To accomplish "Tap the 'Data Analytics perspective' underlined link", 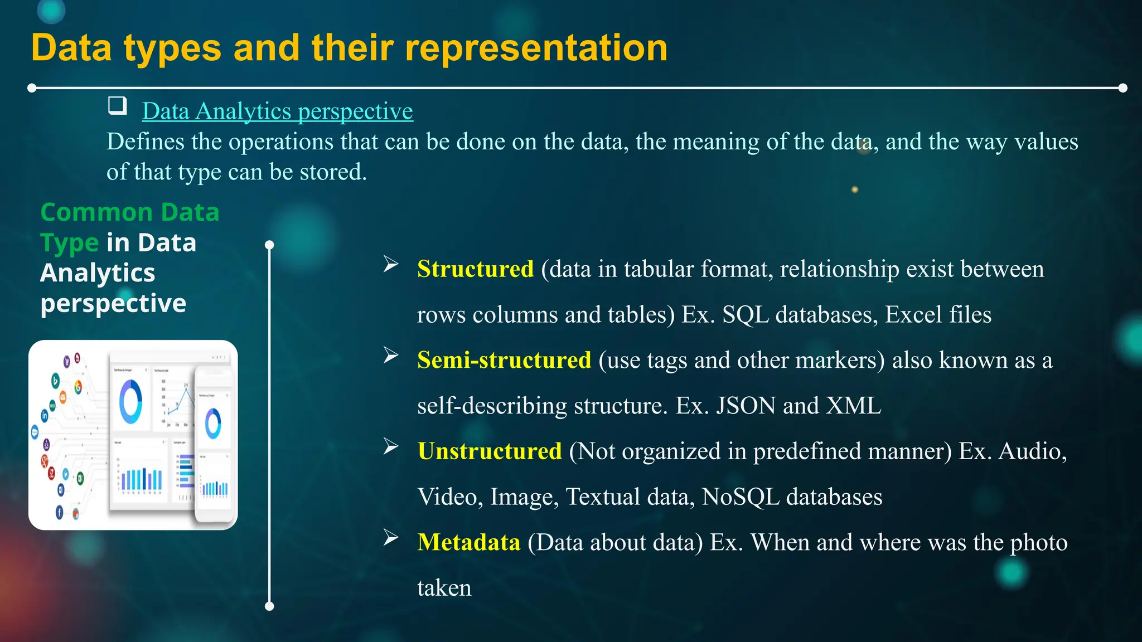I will pyautogui.click(x=277, y=111).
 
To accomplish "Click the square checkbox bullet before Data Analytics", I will pyautogui.click(x=117, y=105).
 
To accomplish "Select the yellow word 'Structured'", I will pyautogui.click(x=475, y=269).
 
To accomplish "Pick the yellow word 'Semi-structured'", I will pyautogui.click(x=504, y=360).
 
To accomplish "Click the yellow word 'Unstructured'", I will pyautogui.click(x=490, y=451).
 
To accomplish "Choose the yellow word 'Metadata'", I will pyautogui.click(x=468, y=542).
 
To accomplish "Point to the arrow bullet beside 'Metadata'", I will pyautogui.click(x=391, y=538).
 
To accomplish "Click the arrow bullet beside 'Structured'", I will pyautogui.click(x=391, y=264).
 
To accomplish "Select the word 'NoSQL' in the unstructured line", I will pyautogui.click(x=741, y=497).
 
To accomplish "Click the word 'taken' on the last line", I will pyautogui.click(x=444, y=588).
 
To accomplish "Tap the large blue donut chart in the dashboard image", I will pyautogui.click(x=130, y=401).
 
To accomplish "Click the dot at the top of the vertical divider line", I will pyautogui.click(x=269, y=245).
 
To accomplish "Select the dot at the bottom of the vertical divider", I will pyautogui.click(x=269, y=606).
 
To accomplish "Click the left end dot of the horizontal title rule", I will pyautogui.click(x=32, y=88).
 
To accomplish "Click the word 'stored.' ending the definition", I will pyautogui.click(x=333, y=172).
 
